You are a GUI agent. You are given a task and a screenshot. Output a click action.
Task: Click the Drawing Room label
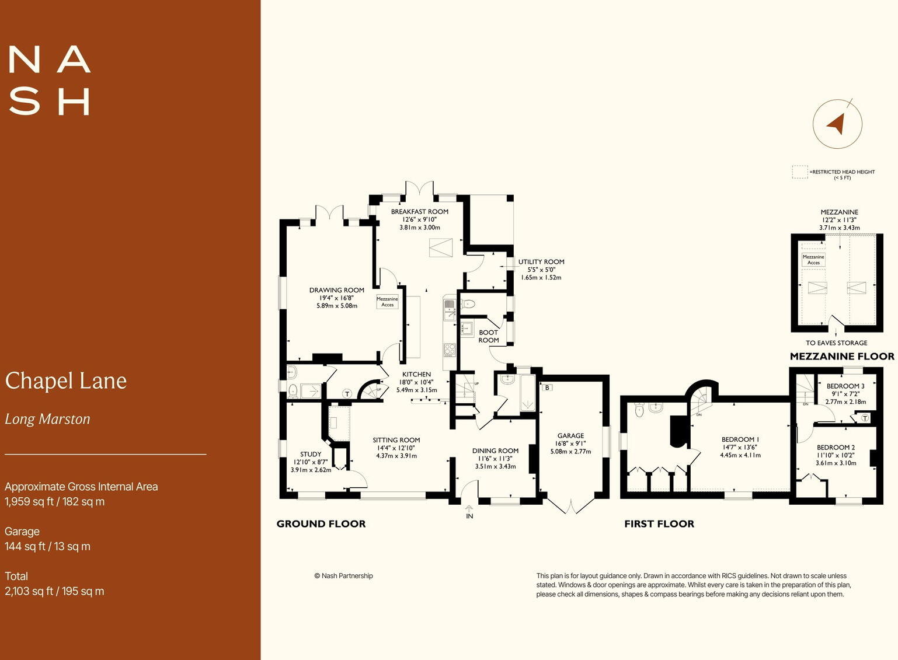click(336, 290)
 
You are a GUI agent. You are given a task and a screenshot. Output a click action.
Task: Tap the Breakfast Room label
click(419, 212)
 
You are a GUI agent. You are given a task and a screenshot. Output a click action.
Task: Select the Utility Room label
click(541, 262)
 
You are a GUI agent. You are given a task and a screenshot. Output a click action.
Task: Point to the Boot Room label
click(489, 336)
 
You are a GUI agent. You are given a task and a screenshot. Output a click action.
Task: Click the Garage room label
click(570, 436)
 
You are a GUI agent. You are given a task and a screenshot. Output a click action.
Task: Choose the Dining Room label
click(495, 451)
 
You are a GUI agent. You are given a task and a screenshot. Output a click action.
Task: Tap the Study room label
click(311, 454)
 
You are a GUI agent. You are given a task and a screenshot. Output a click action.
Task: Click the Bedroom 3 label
click(845, 386)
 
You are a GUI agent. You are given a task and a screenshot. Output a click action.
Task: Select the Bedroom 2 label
click(836, 448)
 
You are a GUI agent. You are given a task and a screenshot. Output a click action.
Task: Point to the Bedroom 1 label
click(740, 439)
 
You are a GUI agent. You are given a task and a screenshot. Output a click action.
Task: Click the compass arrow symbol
click(837, 124)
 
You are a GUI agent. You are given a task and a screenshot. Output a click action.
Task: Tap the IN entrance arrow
click(469, 509)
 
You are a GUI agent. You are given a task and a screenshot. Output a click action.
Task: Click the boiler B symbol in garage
click(547, 387)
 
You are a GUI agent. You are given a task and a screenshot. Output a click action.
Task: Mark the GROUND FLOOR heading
click(321, 524)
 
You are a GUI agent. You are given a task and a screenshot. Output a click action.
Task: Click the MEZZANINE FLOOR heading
click(841, 356)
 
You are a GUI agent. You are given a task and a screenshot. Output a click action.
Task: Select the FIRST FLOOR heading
click(659, 524)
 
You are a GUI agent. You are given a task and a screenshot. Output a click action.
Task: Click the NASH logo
click(50, 81)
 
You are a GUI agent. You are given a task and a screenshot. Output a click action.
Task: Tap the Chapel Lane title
click(66, 381)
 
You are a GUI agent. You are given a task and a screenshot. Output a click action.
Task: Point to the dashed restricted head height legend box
click(799, 172)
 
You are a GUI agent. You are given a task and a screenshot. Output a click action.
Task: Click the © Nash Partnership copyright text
click(343, 576)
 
